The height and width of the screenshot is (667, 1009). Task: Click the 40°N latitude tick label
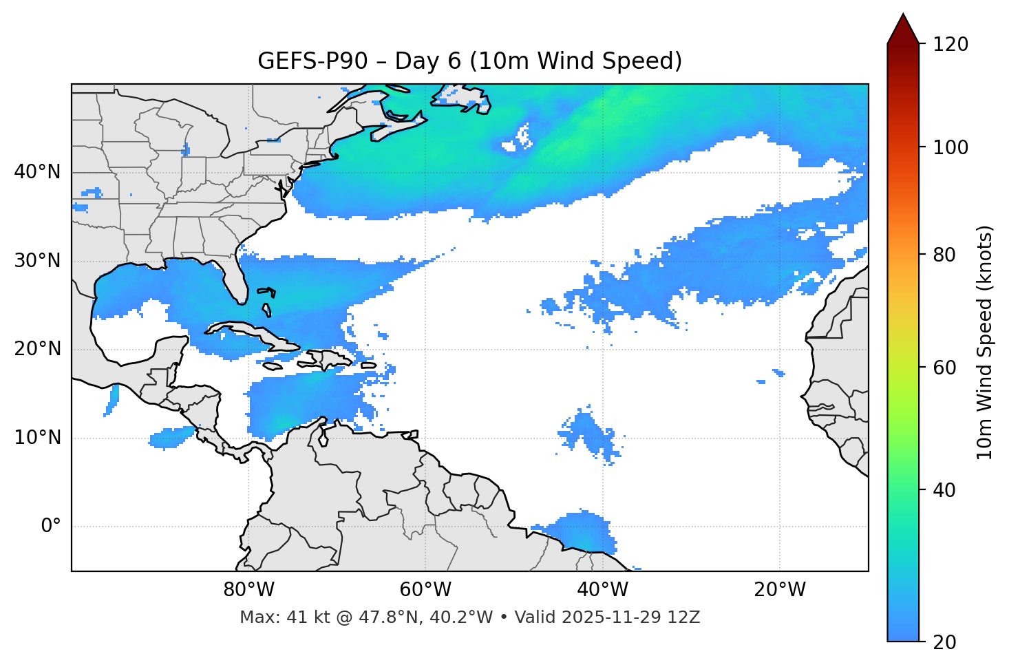(37, 172)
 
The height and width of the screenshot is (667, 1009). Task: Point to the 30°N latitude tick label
(37, 261)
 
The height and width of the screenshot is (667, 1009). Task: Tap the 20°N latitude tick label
(37, 349)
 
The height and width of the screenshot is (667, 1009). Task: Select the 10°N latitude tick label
(37, 438)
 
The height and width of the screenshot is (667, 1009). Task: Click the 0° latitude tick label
(51, 527)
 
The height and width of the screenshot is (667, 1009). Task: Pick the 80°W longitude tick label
(248, 590)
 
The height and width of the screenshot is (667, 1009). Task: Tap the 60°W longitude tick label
(425, 590)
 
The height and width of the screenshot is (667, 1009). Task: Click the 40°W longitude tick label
(603, 590)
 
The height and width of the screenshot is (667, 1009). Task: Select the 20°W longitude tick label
(780, 590)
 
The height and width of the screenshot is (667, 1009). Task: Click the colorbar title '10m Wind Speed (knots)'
(985, 342)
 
